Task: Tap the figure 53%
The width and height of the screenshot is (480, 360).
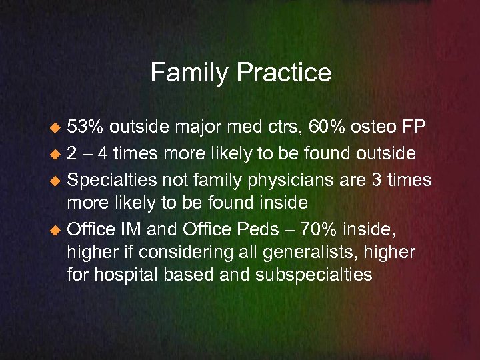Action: coord(86,127)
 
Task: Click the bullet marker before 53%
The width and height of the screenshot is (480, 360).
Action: coord(57,127)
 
